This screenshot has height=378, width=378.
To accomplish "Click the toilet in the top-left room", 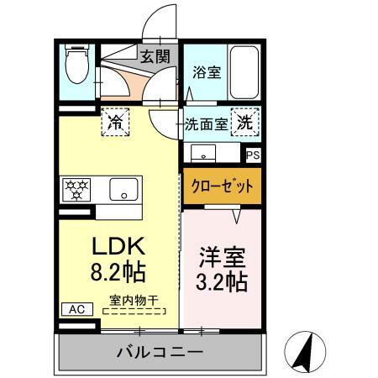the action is tap(77, 64).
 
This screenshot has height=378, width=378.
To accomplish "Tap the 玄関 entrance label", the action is tap(155, 56).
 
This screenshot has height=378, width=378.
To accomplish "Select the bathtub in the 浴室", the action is tap(244, 72).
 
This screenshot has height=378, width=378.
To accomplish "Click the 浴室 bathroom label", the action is tap(207, 72).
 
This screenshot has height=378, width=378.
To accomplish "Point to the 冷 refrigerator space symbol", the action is tap(115, 122).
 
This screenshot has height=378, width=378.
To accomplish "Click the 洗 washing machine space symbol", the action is tap(245, 122).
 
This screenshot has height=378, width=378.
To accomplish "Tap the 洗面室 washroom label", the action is tap(207, 124).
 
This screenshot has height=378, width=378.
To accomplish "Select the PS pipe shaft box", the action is tap(253, 155).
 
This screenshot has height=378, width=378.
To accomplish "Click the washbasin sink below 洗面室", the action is tap(203, 153).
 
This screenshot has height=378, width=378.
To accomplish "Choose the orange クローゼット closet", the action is tap(223, 186).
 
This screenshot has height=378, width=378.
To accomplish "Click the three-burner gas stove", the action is tap(76, 190).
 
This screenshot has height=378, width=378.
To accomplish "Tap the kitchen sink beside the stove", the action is tap(123, 190).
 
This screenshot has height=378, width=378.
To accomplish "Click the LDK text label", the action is tap(118, 246).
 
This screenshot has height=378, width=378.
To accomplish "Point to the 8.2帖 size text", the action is tap(118, 271).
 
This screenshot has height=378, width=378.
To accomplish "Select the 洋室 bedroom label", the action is tap(223, 257).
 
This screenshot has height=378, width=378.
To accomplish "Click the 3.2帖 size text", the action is tap(222, 282).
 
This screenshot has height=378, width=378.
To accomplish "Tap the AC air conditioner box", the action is tap(77, 309).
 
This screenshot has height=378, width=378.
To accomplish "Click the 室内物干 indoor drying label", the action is tap(134, 301).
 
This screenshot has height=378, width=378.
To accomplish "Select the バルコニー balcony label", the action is tap(160, 351).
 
